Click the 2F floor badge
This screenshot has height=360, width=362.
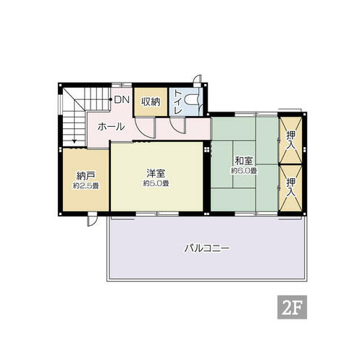[292, 307]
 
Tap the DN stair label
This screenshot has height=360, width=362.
[122, 99]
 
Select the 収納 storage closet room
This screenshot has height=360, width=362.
[151, 102]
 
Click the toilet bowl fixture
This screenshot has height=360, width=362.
[190, 101]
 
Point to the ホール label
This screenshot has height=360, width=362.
[111, 127]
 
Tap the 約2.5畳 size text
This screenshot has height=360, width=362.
[85, 186]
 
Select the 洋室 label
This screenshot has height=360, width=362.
[156, 173]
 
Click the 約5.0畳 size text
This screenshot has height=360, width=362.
[156, 183]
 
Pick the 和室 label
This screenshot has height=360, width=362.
[244, 161]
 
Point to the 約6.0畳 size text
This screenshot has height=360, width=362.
[244, 171]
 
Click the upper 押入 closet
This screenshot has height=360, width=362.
[290, 140]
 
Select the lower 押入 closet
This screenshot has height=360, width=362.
[290, 188]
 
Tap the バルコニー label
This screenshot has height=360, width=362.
[207, 248]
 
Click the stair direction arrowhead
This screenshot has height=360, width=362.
[75, 141]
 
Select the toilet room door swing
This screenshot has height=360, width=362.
[177, 125]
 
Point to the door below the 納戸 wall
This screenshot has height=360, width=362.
[92, 219]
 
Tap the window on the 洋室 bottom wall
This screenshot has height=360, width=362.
[157, 214]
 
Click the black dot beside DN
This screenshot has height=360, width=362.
[111, 99]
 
